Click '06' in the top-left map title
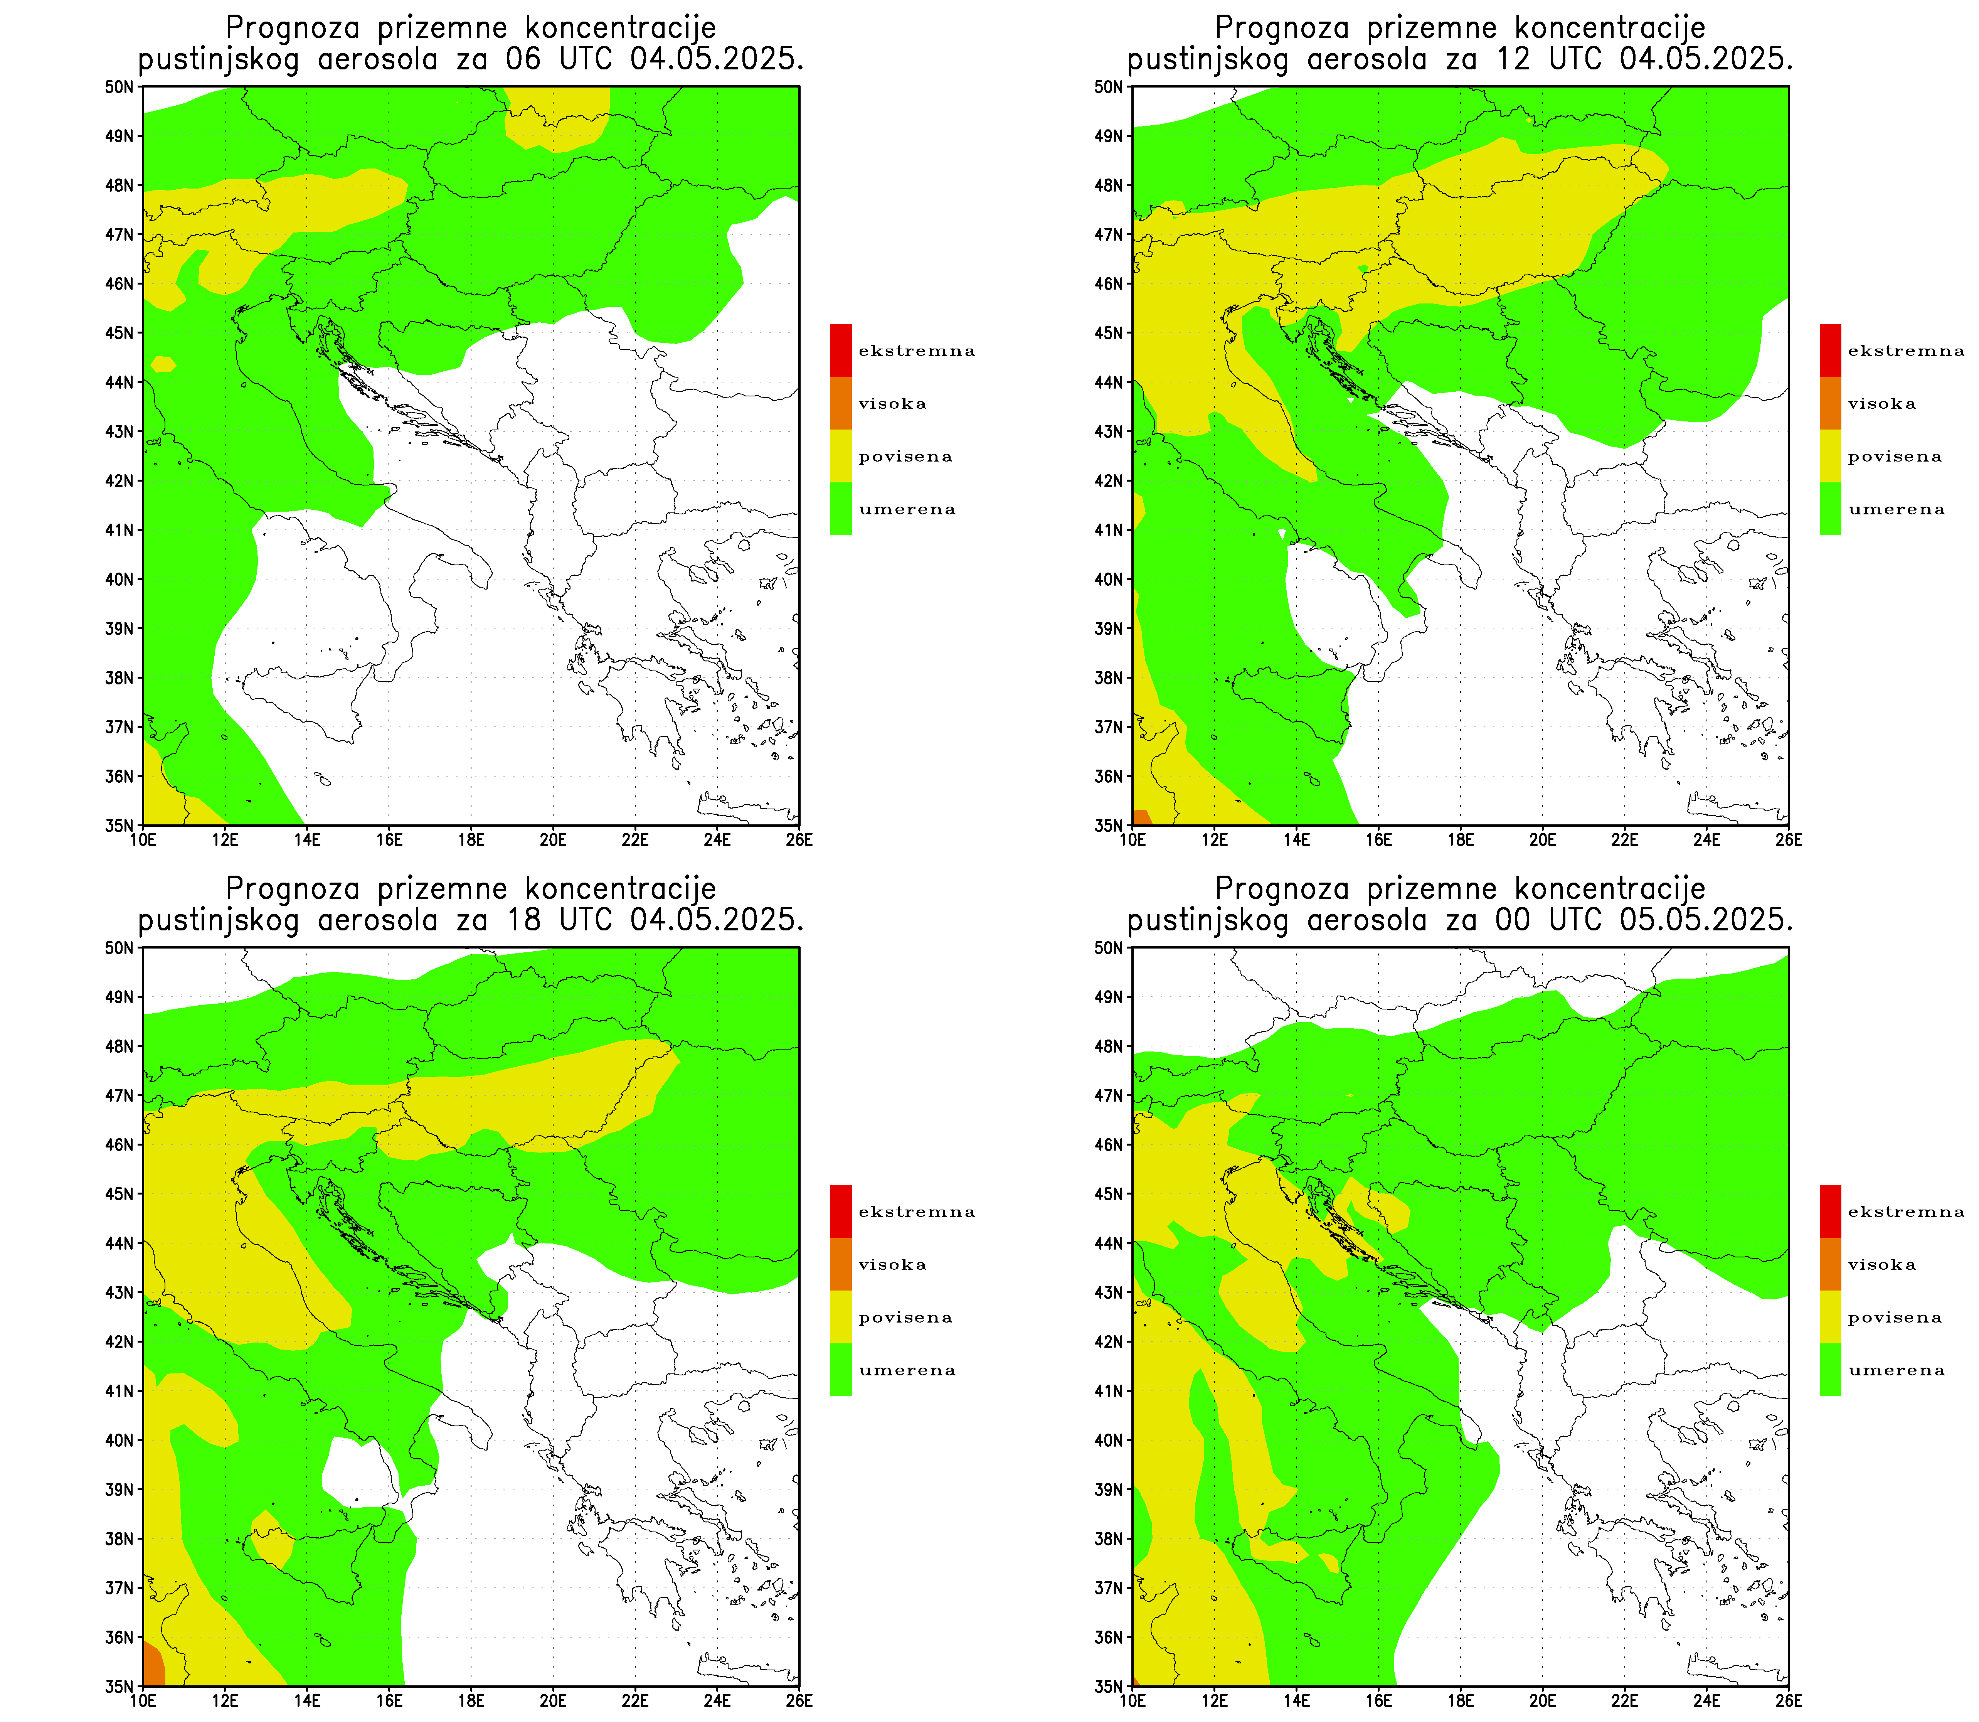point(523,60)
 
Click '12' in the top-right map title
point(1512,60)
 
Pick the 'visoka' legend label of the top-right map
point(1881,404)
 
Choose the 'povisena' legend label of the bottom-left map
point(905,1318)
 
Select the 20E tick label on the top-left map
point(554,839)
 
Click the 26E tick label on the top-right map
point(1789,839)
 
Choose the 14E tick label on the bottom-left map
point(306,1700)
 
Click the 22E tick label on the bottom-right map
point(1624,1700)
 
